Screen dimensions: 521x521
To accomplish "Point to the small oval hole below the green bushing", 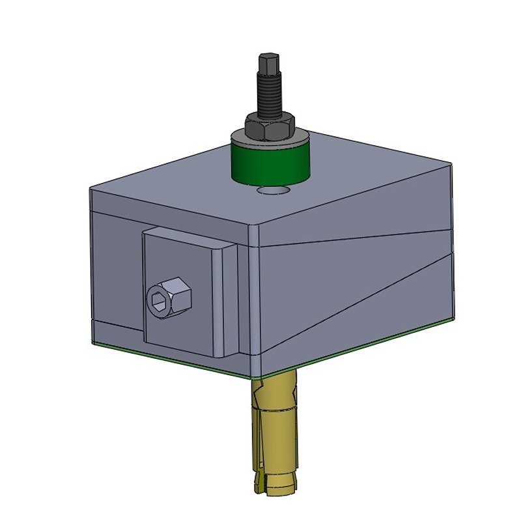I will (x=273, y=191).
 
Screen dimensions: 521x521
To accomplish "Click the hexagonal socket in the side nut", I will (x=159, y=301).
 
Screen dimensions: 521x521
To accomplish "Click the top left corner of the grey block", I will (x=91, y=190).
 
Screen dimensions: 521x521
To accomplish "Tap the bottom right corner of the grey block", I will (x=452, y=322).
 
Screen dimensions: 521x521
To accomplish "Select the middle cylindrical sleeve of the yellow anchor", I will (x=274, y=436).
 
